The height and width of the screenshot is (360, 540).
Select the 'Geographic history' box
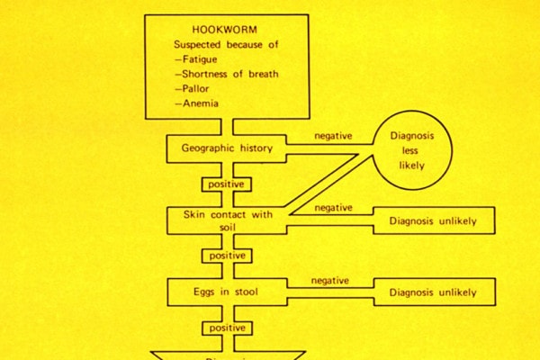pyautogui.click(x=226, y=148)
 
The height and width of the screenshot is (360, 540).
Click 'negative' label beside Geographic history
pyautogui.click(x=332, y=136)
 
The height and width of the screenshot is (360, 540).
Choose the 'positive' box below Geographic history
pyautogui.click(x=225, y=184)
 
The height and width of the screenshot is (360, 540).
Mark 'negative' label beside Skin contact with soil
pyautogui.click(x=332, y=209)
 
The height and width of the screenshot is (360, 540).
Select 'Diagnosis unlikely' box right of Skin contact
pyautogui.click(x=432, y=220)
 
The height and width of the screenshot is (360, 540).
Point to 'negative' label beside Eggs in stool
pyautogui.click(x=330, y=281)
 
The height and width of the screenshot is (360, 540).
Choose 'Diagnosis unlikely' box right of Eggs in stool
pyautogui.click(x=432, y=292)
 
